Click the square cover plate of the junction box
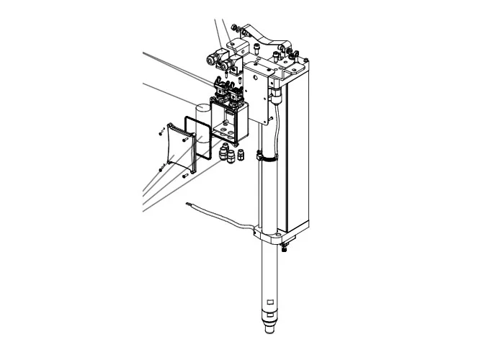(176, 143)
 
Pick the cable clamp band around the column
(267, 159)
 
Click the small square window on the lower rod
(270, 302)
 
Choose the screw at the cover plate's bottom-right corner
(185, 175)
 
